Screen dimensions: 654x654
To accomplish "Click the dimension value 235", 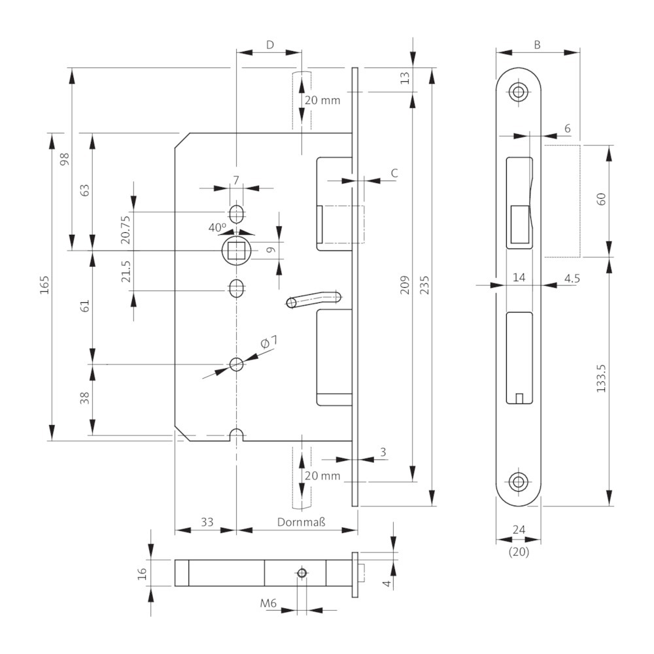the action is coord(424,285).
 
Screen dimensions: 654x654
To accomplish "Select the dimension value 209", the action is coord(405,285).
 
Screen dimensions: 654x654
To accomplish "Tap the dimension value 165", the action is coord(44,285).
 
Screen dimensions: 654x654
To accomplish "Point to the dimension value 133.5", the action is coord(601,378).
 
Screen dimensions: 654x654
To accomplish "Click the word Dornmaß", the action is coord(301,522).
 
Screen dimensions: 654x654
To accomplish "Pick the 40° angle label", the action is coord(217,228).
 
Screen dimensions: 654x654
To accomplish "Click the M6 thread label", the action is coord(268,603).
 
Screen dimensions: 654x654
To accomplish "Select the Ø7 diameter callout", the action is coord(269,343).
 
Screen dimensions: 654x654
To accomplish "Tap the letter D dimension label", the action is coord(270,44).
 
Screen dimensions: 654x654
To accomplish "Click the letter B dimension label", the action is coord(537,44).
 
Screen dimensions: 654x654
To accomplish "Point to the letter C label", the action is coord(394,173).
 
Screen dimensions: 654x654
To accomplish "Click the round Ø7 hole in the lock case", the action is coord(237,364).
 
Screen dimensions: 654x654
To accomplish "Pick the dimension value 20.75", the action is coord(126,230).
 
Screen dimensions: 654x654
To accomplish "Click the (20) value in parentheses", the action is coord(519,552).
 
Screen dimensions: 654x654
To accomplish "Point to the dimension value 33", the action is coord(207,522).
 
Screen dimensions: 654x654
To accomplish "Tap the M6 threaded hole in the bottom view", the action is coord(302,573).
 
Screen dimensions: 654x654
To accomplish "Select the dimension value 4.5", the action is coord(572,278).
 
